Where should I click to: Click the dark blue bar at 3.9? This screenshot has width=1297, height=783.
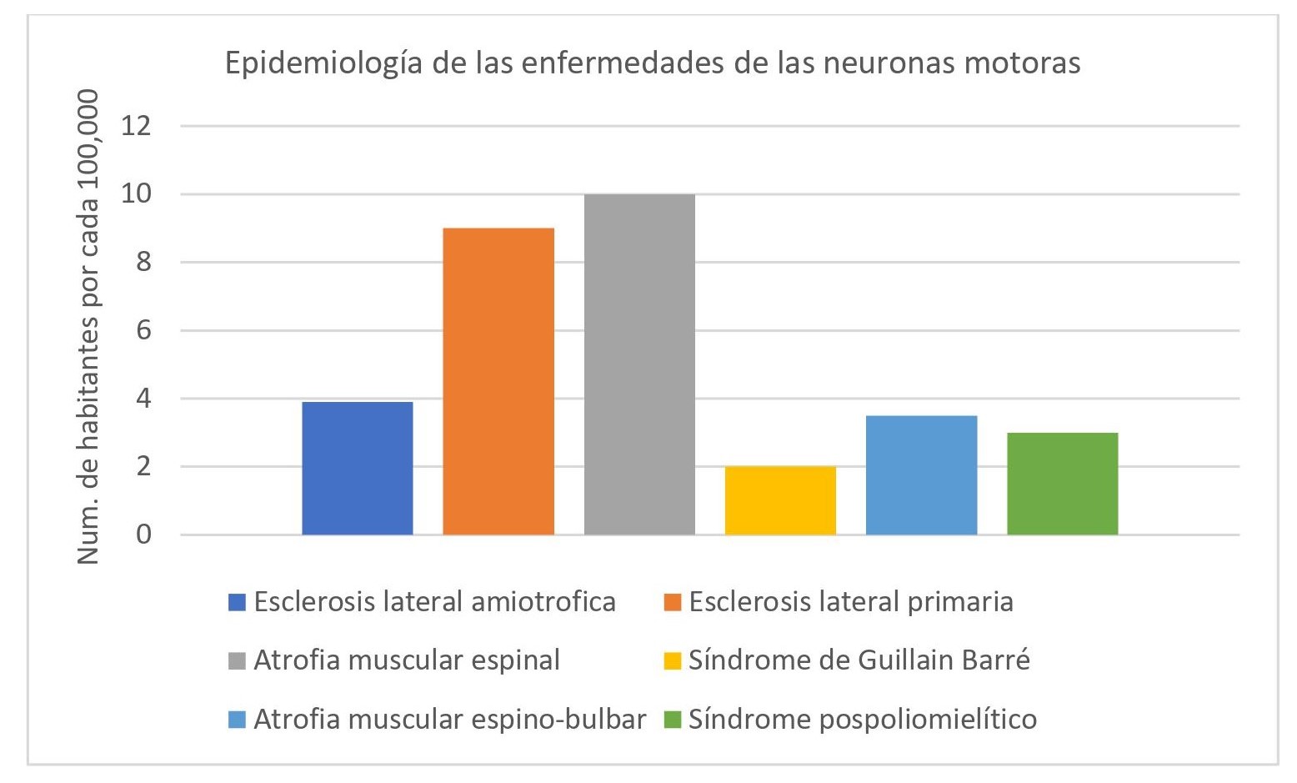tap(357, 468)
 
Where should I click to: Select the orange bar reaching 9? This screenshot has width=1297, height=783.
tap(498, 381)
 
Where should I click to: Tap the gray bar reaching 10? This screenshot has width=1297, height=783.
tap(639, 364)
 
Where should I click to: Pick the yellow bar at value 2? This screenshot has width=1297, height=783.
tap(780, 500)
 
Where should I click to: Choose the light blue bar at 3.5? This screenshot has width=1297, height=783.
tap(921, 474)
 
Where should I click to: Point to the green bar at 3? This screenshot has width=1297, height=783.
tap(1062, 484)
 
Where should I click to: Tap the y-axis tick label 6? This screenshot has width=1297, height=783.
tap(143, 330)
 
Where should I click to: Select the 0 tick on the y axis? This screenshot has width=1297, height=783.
tap(143, 535)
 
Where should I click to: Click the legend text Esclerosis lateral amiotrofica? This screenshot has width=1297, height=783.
tap(434, 602)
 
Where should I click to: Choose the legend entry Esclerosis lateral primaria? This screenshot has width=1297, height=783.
tap(850, 602)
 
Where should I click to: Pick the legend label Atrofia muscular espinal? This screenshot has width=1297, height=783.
tap(406, 660)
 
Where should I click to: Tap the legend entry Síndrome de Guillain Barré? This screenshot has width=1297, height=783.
tap(859, 660)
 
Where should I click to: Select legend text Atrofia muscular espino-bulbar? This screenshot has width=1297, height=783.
tap(449, 719)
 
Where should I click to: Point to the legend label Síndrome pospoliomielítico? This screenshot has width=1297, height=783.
tap(862, 719)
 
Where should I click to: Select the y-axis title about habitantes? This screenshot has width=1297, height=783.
tap(88, 325)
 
